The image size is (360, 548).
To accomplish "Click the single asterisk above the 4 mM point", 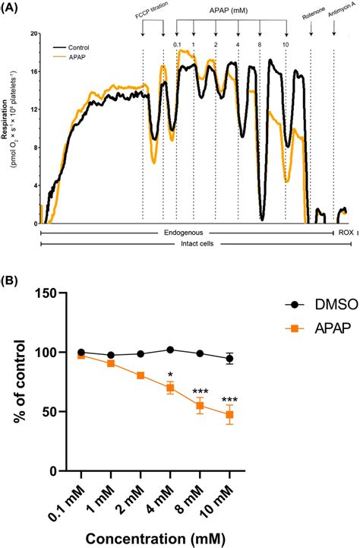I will point(170,374).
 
